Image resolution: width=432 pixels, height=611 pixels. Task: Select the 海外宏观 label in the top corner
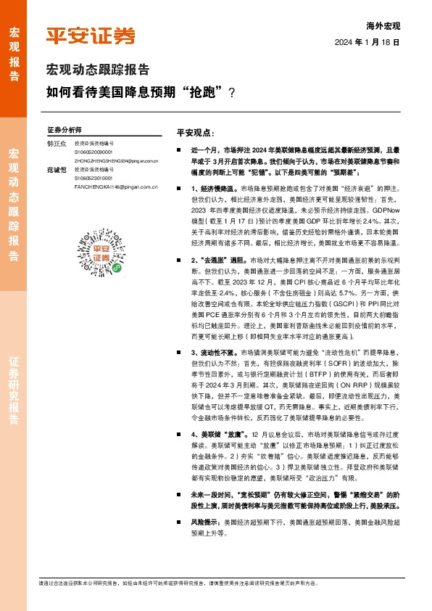pos(383,26)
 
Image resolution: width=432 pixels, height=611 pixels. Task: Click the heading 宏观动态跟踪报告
pos(98,70)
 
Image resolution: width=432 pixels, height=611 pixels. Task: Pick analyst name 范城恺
pos(57,169)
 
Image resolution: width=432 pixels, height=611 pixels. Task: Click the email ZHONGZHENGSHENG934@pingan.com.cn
pos(115,160)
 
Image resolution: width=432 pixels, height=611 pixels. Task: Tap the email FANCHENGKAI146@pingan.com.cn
pos(116,186)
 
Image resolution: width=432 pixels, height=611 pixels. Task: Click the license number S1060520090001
pos(94,152)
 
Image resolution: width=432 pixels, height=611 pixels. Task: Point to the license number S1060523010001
pos(94,178)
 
